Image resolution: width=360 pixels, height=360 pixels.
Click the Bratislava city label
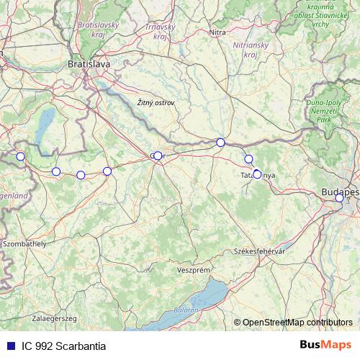point(89,64)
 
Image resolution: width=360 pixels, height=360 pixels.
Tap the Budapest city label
point(341,192)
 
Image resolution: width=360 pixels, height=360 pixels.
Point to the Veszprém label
point(193,269)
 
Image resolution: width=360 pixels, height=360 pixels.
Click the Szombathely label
point(25,244)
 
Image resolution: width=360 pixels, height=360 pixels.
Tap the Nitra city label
point(217,32)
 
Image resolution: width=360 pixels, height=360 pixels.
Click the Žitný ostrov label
point(156,103)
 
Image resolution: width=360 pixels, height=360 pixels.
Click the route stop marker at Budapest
point(339,198)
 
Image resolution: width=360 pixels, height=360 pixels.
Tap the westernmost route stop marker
point(20,156)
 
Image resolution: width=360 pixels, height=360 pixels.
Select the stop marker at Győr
point(158,156)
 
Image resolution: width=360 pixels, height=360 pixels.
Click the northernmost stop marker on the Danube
point(220,142)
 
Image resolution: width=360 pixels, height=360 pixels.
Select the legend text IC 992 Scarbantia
point(63,346)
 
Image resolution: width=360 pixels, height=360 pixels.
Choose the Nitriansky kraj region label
point(246,49)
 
